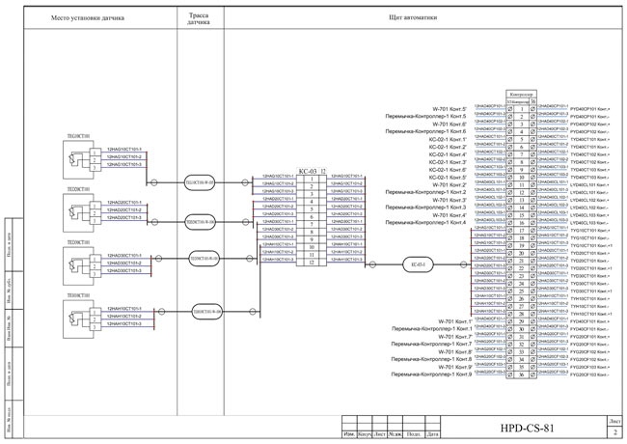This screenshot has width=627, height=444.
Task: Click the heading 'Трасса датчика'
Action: tap(200, 20)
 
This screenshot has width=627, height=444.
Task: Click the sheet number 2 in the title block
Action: tap(614, 433)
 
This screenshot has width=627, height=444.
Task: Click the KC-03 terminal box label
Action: tap(282, 170)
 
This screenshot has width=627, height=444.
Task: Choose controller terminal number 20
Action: tap(522, 253)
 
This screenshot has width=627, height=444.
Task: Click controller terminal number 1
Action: tap(522, 109)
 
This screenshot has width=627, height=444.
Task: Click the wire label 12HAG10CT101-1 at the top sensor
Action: tap(123, 149)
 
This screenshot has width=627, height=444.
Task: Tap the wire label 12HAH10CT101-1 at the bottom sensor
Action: tap(123, 308)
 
